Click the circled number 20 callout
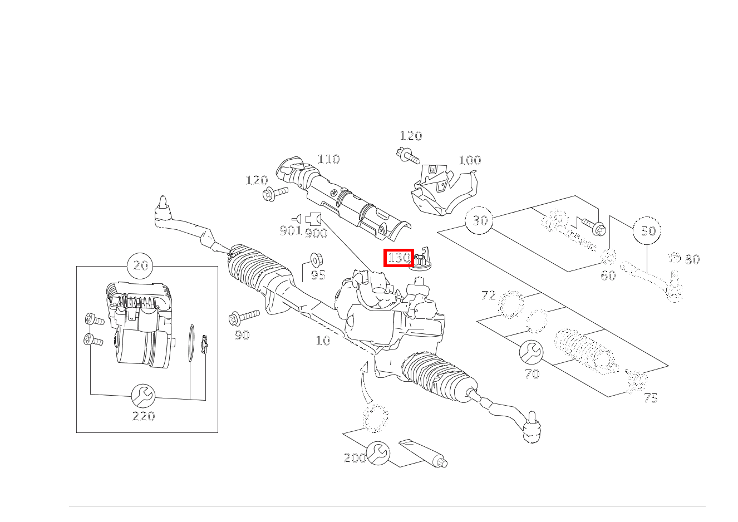pyautogui.click(x=140, y=266)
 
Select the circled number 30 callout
pyautogui.click(x=479, y=220)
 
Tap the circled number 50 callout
pyautogui.click(x=647, y=230)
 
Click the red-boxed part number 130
pyautogui.click(x=398, y=258)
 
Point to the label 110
pyautogui.click(x=328, y=159)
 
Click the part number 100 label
pyautogui.click(x=470, y=160)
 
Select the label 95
pyautogui.click(x=318, y=275)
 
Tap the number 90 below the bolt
pyautogui.click(x=242, y=335)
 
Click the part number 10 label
pyautogui.click(x=323, y=341)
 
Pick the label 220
pyautogui.click(x=144, y=417)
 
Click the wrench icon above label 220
pyautogui.click(x=143, y=396)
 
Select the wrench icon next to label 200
pyautogui.click(x=378, y=453)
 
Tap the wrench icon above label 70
pyautogui.click(x=531, y=352)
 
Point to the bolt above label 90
pyautogui.click(x=244, y=317)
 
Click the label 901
pyautogui.click(x=291, y=230)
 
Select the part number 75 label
pyautogui.click(x=651, y=398)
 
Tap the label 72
pyautogui.click(x=489, y=296)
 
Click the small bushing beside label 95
pyautogui.click(x=317, y=259)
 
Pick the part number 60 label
pyautogui.click(x=608, y=275)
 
